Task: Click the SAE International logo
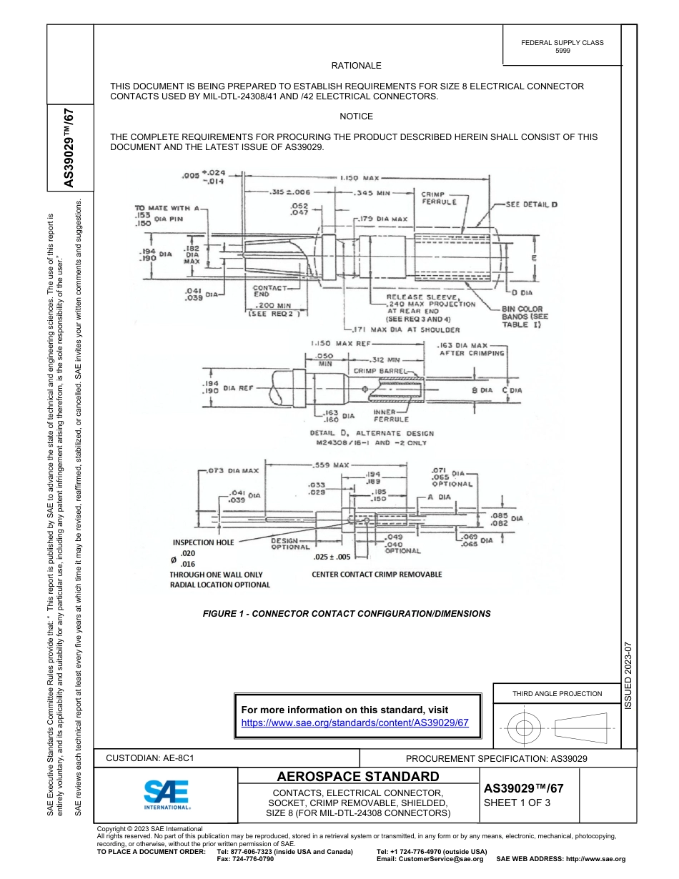point(167,794)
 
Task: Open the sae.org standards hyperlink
point(355,722)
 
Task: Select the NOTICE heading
point(356,116)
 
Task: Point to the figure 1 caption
point(347,613)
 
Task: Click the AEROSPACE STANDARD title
point(358,777)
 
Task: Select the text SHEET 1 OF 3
point(512,803)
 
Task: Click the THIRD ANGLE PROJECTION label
point(557,693)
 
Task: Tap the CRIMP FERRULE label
point(439,198)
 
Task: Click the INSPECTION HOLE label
point(203,542)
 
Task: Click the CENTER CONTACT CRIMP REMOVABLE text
point(377,574)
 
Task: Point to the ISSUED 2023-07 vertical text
point(629,675)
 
